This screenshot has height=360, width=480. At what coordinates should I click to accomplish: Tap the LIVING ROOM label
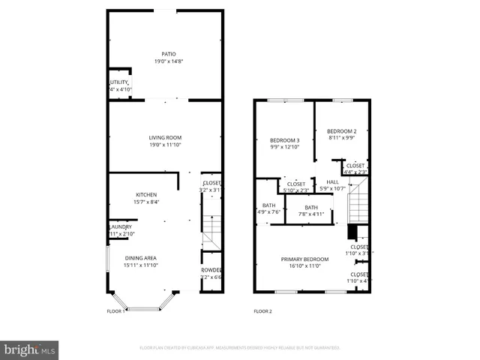coord(165,137)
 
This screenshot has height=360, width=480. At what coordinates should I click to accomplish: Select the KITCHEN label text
coord(145,195)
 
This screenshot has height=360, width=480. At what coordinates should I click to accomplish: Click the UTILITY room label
coord(120,82)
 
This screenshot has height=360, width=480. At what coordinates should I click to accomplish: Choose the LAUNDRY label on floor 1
coord(121,227)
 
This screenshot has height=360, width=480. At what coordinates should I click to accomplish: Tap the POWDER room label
coord(211,271)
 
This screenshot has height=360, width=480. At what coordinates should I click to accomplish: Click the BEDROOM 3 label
coord(285,140)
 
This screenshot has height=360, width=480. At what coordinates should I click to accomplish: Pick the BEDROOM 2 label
coord(342,131)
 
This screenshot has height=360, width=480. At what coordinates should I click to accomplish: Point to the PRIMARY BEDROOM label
coord(301,259)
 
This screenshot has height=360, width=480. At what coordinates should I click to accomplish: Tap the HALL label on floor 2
coord(331,181)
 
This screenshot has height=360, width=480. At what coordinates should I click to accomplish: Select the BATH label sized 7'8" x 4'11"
coord(310,208)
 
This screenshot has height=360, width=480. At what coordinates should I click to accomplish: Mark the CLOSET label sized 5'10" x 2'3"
coord(296,184)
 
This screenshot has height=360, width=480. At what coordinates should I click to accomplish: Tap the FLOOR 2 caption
coord(262,310)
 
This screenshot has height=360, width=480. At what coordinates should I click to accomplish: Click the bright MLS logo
coord(30,349)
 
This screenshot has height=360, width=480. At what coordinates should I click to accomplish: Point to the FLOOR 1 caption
coord(115,310)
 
